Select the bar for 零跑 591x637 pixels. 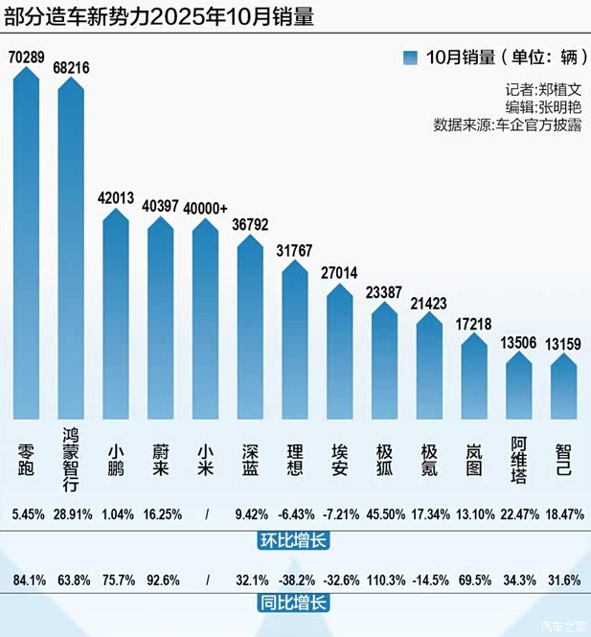(26, 249)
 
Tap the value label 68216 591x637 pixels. (72, 69)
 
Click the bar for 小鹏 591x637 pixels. (116, 316)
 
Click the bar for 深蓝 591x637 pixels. (250, 326)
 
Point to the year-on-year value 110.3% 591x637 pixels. (385, 580)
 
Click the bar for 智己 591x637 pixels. (564, 388)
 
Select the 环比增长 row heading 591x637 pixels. (295, 540)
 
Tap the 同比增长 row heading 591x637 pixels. (295, 604)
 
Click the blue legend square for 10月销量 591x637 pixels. (411, 57)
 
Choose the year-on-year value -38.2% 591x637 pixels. (295, 580)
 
